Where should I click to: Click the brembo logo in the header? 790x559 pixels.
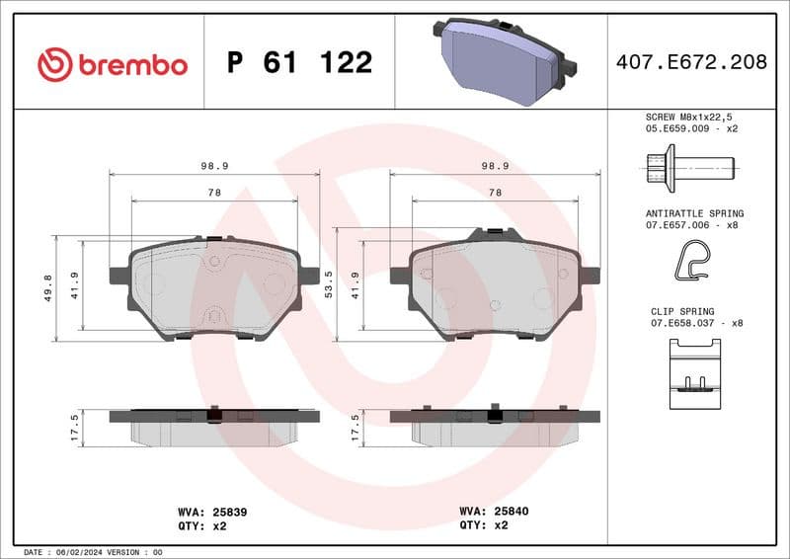112,64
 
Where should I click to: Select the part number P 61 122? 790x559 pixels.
299,63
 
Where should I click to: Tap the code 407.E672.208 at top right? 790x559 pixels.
690,62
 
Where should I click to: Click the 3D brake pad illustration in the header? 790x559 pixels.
503,58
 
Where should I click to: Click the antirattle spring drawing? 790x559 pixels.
691,263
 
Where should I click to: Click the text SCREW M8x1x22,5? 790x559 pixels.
691,117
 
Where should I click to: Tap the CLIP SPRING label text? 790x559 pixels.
683,310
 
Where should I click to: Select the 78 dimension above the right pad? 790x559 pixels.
496,194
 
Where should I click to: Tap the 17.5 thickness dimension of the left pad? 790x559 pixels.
75,428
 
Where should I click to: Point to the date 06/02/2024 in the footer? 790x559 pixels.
78,551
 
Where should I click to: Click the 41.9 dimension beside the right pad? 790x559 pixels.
356,286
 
